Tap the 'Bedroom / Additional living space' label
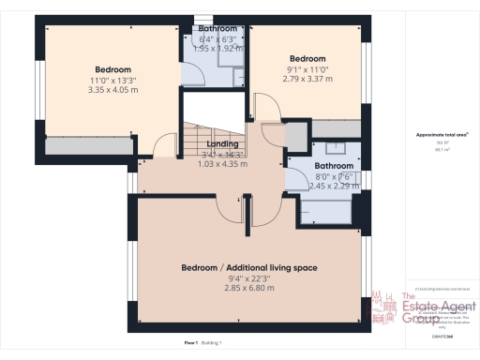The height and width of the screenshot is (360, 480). (249, 267)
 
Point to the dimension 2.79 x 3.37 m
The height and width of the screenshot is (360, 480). (307, 79)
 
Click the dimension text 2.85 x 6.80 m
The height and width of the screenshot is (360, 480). (249, 288)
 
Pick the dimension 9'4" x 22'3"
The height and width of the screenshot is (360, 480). (249, 277)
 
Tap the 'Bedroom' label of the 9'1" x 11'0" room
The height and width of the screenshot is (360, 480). (307, 58)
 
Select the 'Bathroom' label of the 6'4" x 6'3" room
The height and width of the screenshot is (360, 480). (217, 29)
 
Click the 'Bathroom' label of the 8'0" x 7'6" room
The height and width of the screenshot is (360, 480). (334, 165)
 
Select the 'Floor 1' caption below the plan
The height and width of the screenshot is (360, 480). (190, 343)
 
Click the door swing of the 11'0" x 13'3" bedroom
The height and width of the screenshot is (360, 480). (165, 146)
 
